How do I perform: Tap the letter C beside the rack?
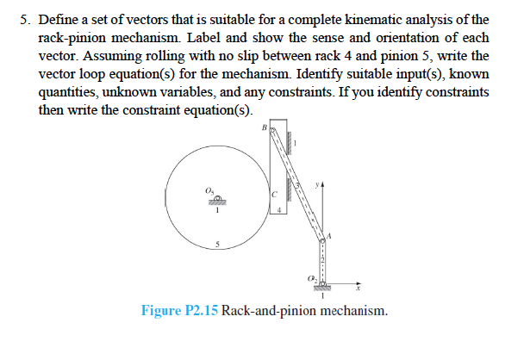pos(274,195)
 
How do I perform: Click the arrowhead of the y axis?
pos(325,183)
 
